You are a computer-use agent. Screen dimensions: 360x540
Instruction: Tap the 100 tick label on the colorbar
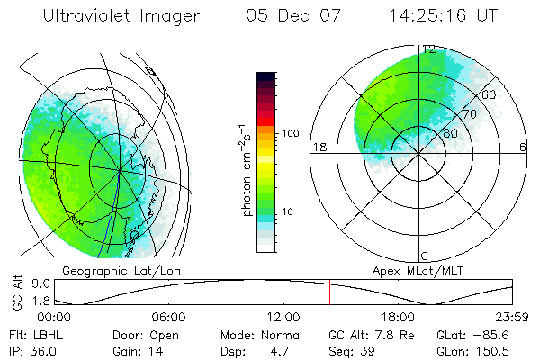(289, 133)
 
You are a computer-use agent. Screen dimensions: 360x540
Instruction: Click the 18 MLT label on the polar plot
(318, 147)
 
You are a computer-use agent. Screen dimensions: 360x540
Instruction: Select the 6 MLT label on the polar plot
(523, 147)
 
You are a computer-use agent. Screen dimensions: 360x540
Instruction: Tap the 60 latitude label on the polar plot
(490, 94)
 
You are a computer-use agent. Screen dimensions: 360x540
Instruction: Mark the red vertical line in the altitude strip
(329, 292)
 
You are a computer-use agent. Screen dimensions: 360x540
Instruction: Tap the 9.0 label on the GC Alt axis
(27, 283)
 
